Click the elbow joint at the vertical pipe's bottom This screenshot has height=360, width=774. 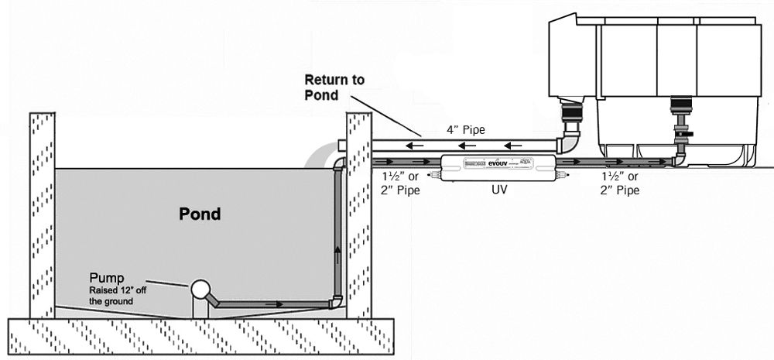click(x=336, y=301)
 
